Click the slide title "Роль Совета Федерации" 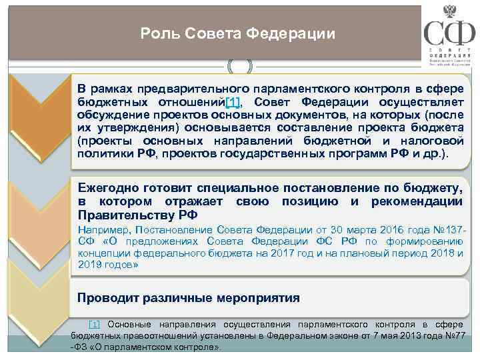pyautogui.click(x=238, y=33)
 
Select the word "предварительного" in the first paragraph pyautogui.click(x=175, y=89)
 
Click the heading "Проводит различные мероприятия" pyautogui.click(x=189, y=297)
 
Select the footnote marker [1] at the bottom pyautogui.click(x=94, y=323)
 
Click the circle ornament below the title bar pyautogui.click(x=240, y=66)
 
